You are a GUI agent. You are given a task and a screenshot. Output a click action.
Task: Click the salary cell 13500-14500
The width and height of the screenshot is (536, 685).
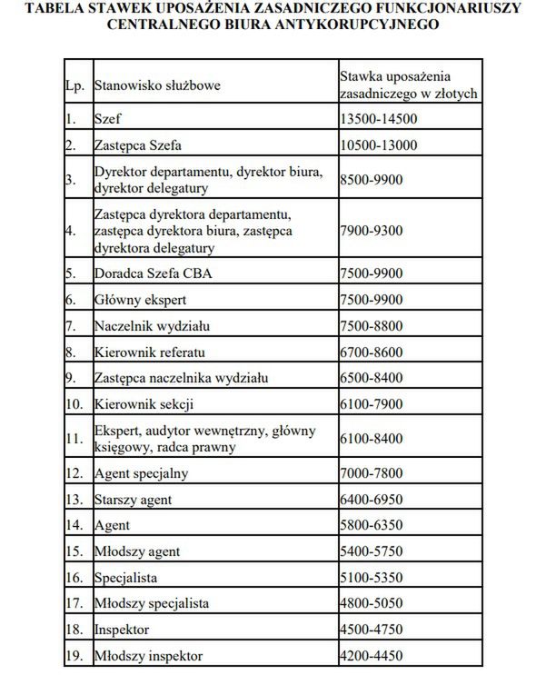[x=377, y=119]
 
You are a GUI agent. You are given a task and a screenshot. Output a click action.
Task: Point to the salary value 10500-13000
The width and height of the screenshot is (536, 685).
[x=377, y=144]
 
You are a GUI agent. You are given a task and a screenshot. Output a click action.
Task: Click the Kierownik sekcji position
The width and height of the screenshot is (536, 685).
[x=144, y=403]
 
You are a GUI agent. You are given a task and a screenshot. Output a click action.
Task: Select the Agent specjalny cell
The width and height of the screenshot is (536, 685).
[x=142, y=473]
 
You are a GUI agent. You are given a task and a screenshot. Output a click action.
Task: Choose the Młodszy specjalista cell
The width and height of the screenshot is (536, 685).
[x=152, y=603]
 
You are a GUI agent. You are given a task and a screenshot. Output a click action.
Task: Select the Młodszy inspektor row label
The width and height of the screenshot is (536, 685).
[x=148, y=655]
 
